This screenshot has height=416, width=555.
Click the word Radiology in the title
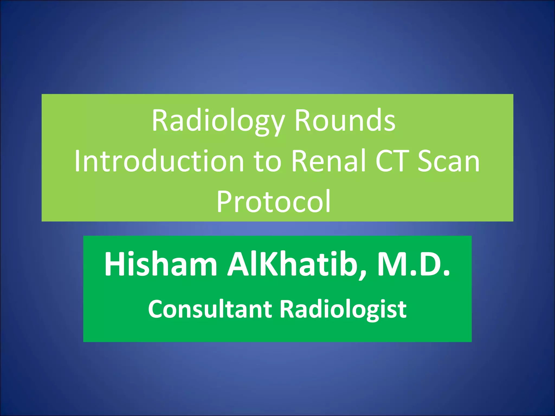pyautogui.click(x=218, y=121)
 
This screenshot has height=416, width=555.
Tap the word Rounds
pyautogui.click(x=345, y=121)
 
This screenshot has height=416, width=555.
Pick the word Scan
pyautogui.click(x=448, y=161)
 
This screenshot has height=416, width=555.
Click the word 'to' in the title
pyautogui.click(x=267, y=161)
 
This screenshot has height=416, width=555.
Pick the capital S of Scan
pyautogui.click(x=425, y=161)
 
